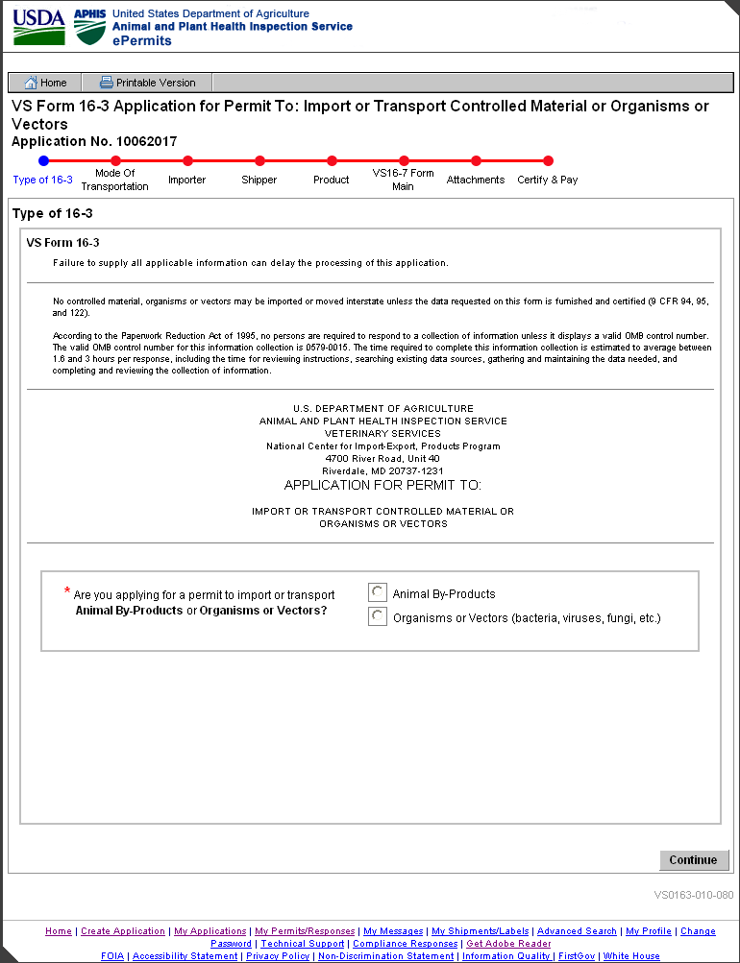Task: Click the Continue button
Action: pos(693,860)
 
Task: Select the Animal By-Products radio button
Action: pos(378,593)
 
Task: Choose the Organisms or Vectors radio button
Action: pos(378,617)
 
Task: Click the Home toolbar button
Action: pos(45,83)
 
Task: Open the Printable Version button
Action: pos(147,83)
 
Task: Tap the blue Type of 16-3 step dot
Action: pos(43,161)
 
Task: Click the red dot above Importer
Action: pos(187,161)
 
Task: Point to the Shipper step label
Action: pos(259,180)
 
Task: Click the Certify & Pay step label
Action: pos(548,180)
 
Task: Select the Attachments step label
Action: pos(476,180)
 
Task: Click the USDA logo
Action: pos(39,27)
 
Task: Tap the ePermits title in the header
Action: pos(142,41)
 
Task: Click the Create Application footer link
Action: pos(123,931)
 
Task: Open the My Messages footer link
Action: pos(393,931)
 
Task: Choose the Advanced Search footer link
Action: pos(577,931)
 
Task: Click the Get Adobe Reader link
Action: pos(508,944)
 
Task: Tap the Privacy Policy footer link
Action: pos(278,956)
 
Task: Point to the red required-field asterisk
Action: pos(67,590)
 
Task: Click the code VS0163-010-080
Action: pos(694,895)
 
